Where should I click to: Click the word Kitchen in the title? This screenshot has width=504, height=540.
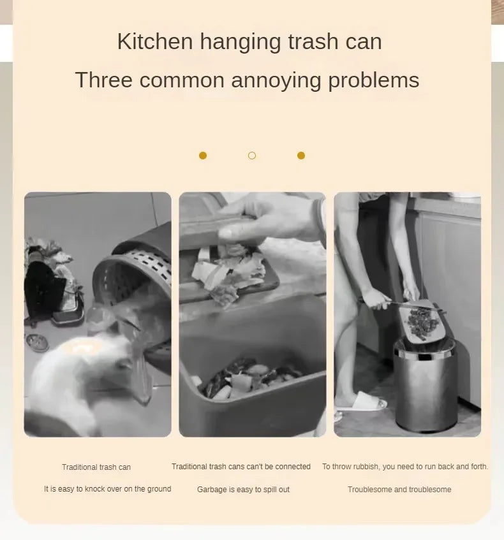click(155, 41)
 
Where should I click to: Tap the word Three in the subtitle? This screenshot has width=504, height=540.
click(104, 80)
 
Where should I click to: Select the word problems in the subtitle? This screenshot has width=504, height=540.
click(373, 81)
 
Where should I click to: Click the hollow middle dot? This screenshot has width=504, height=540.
click(252, 156)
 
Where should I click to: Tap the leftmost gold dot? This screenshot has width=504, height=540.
click(203, 156)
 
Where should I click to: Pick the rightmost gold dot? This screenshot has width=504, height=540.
click(301, 156)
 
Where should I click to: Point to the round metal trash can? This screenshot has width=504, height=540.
click(426, 386)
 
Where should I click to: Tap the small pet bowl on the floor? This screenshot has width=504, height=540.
click(37, 342)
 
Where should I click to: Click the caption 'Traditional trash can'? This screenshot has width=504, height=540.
click(96, 467)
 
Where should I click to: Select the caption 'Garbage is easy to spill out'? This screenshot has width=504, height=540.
click(243, 490)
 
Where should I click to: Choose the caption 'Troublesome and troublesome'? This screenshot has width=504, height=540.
click(399, 490)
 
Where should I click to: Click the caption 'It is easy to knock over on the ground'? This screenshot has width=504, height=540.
click(108, 489)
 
